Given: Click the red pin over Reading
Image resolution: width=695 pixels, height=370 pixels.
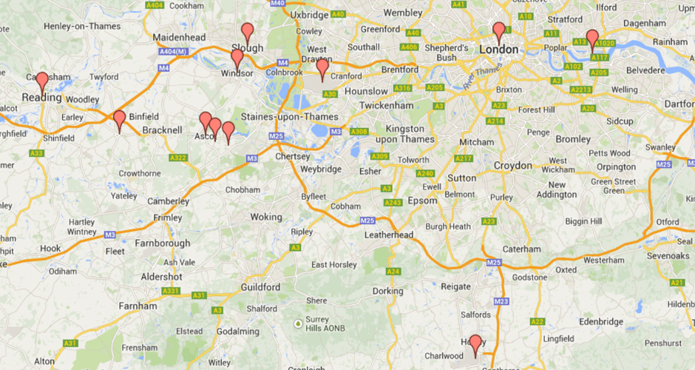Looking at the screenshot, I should [x=42, y=81].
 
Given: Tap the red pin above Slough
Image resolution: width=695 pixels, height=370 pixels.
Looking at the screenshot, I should [x=248, y=32].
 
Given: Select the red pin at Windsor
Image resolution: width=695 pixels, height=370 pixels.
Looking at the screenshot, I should [x=237, y=58].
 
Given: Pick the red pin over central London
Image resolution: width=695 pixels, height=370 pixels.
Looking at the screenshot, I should [x=499, y=31].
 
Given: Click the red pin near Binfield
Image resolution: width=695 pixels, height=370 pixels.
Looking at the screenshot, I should [x=119, y=118].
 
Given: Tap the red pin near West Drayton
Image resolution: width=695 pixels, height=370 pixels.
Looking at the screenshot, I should [x=322, y=67].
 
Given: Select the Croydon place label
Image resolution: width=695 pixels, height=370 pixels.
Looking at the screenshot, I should [x=513, y=165].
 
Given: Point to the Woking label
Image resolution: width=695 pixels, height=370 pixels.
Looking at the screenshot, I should [x=266, y=218].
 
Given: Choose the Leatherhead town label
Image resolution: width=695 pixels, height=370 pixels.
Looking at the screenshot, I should [x=389, y=235].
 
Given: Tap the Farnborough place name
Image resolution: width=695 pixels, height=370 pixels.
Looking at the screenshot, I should [x=162, y=243].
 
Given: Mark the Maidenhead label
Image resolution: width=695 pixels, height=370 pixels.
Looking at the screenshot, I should [x=178, y=37].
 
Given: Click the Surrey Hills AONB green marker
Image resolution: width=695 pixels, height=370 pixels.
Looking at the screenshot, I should [x=298, y=323].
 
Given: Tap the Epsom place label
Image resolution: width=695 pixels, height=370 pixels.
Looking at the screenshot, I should [x=422, y=201].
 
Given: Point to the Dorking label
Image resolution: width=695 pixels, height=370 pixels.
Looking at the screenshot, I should [x=387, y=291].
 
